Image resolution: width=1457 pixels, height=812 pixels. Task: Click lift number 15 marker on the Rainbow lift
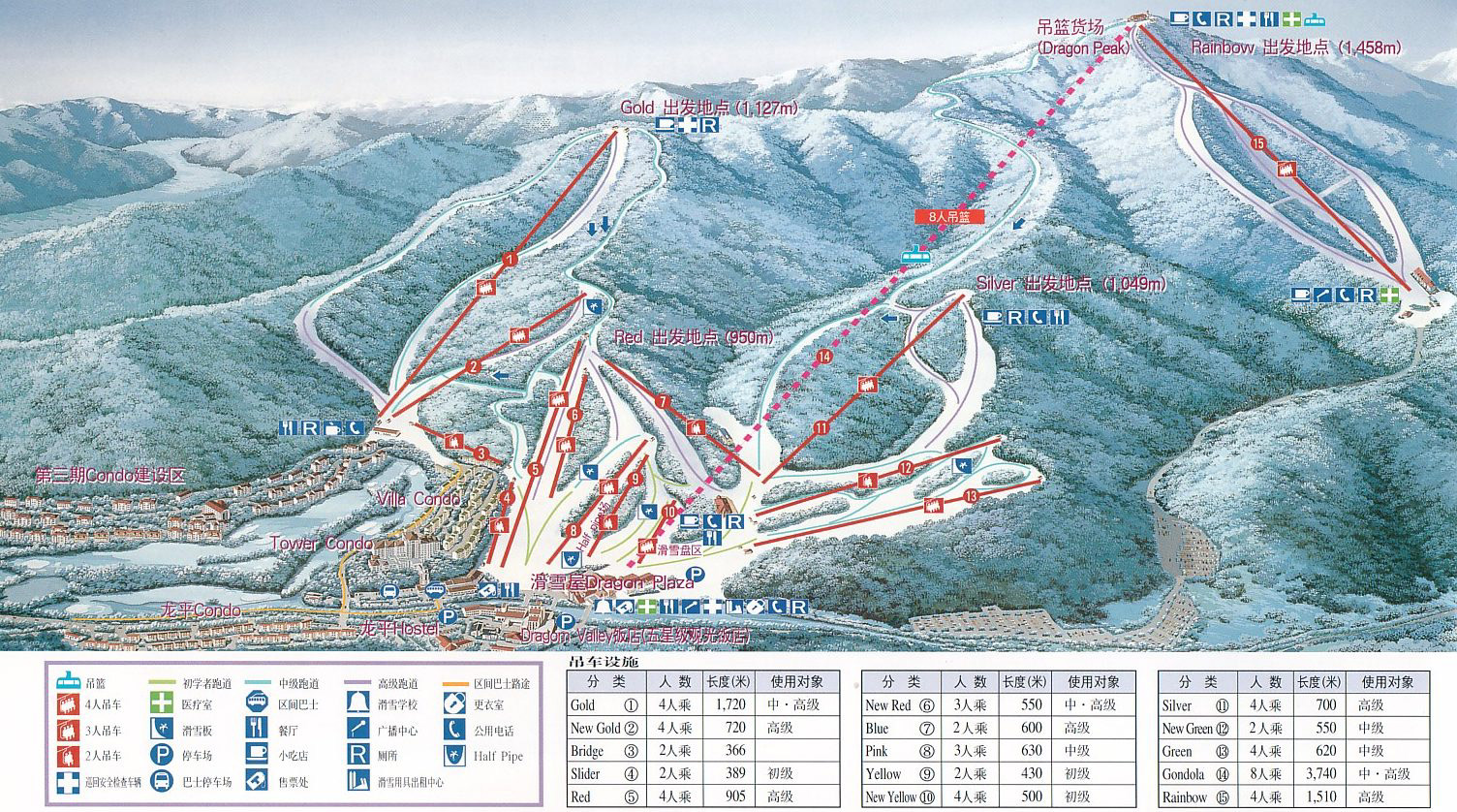click(1258, 144)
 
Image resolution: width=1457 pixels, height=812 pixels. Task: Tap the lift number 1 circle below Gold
click(510, 259)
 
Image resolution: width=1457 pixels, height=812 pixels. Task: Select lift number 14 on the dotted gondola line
click(824, 357)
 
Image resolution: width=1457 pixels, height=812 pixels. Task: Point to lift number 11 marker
click(821, 427)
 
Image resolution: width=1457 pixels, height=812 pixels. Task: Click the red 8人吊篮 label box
click(948, 218)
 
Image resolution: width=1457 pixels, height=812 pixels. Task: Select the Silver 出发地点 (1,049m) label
click(1070, 284)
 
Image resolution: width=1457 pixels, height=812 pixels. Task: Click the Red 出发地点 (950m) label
click(694, 337)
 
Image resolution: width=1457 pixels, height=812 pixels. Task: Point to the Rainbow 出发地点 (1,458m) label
click(1295, 47)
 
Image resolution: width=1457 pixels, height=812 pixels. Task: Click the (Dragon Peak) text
click(1083, 47)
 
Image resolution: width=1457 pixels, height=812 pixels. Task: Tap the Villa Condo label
click(418, 498)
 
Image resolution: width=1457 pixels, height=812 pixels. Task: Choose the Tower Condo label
click(321, 544)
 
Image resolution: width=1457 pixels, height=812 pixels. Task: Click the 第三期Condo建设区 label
click(109, 476)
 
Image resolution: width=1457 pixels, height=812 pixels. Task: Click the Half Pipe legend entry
click(498, 756)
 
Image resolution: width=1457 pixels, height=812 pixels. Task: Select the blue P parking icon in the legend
click(161, 755)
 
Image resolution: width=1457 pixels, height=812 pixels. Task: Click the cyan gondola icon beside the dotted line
click(914, 255)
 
